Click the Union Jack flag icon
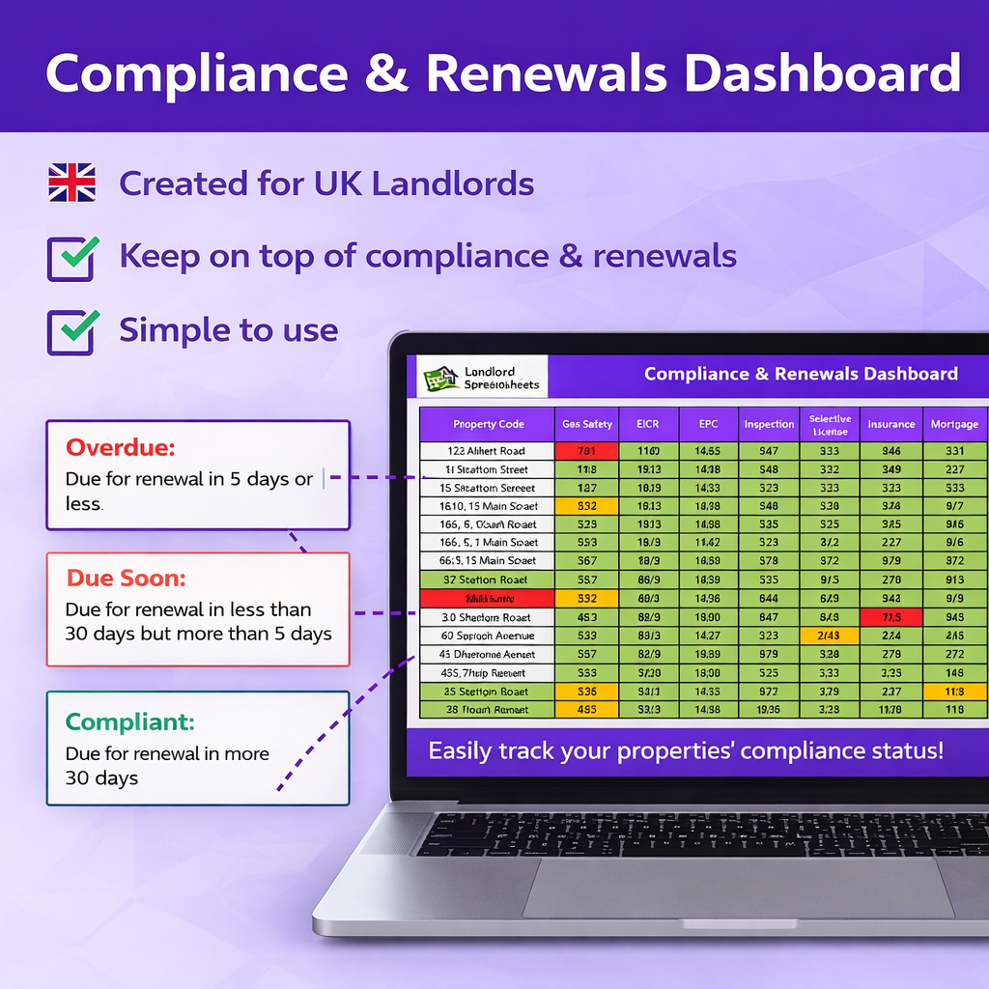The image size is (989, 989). [x=71, y=183]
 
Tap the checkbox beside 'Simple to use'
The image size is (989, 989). [x=71, y=331]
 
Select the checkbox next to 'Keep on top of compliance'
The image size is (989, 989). [x=71, y=257]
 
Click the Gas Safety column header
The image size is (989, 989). [x=585, y=424]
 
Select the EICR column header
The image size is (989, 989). [x=647, y=424]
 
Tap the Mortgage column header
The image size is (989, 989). [x=954, y=424]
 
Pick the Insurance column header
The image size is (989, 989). [x=890, y=424]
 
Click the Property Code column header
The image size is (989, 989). [x=488, y=424]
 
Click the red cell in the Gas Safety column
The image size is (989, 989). [x=585, y=451]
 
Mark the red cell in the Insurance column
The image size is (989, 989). [x=890, y=617]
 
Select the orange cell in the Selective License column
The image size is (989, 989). [x=829, y=636]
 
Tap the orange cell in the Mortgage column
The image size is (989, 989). [x=954, y=692]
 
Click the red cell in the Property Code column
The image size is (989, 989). [x=486, y=599]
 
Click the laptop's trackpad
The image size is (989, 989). [x=738, y=888]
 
